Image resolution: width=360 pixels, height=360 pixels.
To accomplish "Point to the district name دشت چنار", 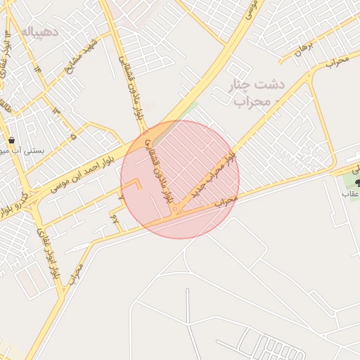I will tap(258, 84).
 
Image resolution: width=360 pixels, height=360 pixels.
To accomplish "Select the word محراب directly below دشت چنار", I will tap(251, 102).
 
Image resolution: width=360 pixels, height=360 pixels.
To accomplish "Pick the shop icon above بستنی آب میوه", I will tap(12, 139).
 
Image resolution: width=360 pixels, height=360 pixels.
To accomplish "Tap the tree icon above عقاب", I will tap(356, 184).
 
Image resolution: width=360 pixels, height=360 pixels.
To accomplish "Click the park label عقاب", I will tap(350, 193).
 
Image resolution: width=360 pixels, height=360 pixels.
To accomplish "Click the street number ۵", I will tap(74, 136).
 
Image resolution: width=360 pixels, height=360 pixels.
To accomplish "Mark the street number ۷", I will tap(121, 199).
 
